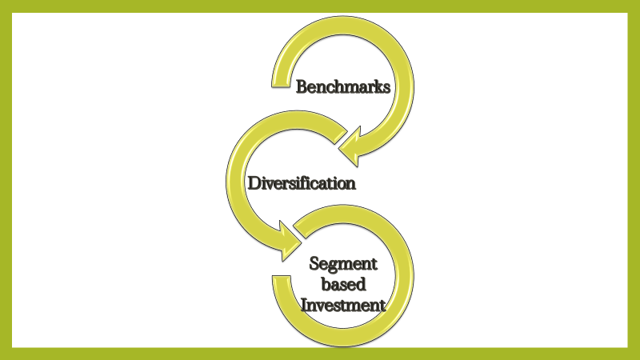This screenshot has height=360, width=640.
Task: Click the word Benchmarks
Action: pyautogui.click(x=343, y=87)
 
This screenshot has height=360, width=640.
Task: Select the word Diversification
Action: pyautogui.click(x=301, y=183)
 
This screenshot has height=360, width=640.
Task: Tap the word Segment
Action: pyautogui.click(x=343, y=265)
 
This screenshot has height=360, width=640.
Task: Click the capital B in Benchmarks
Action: pyautogui.click(x=302, y=87)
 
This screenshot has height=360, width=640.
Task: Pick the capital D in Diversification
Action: pyautogui.click(x=254, y=183)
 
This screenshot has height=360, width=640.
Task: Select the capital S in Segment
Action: pyautogui.click(x=314, y=264)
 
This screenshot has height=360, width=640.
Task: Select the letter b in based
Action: pyautogui.click(x=325, y=284)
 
